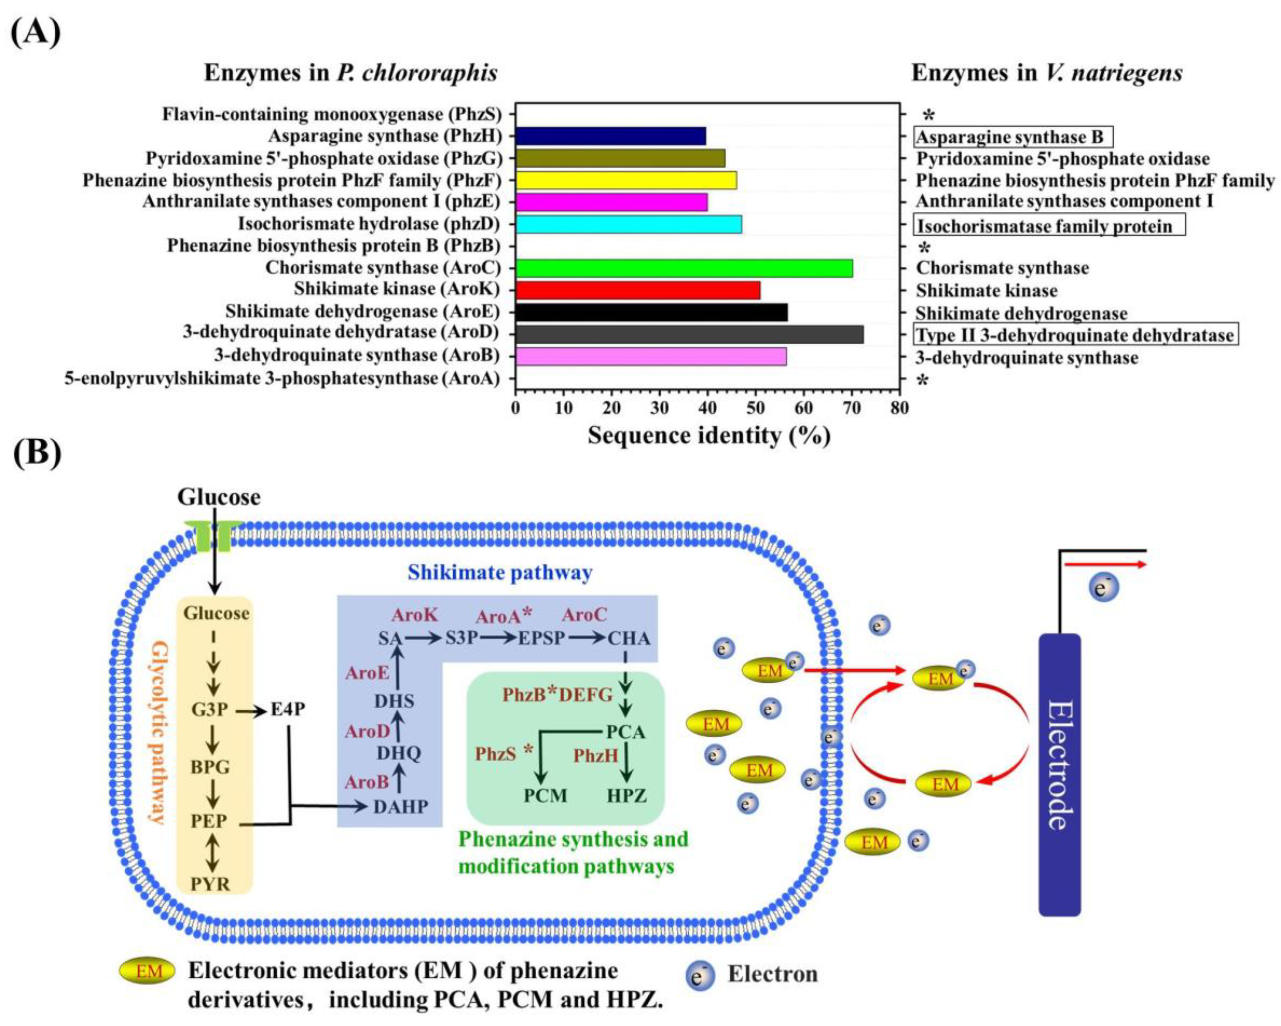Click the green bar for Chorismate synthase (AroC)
coord(683,268)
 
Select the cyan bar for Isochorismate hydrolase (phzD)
coord(628,224)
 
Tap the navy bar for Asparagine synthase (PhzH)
coord(610,136)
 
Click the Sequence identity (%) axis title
coord(709,436)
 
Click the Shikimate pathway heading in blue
coord(500,572)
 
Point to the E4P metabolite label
coord(288,709)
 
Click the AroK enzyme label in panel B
coord(414,615)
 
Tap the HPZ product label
coord(626,795)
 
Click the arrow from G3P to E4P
coord(251,710)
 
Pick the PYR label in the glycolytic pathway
coord(210,884)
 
